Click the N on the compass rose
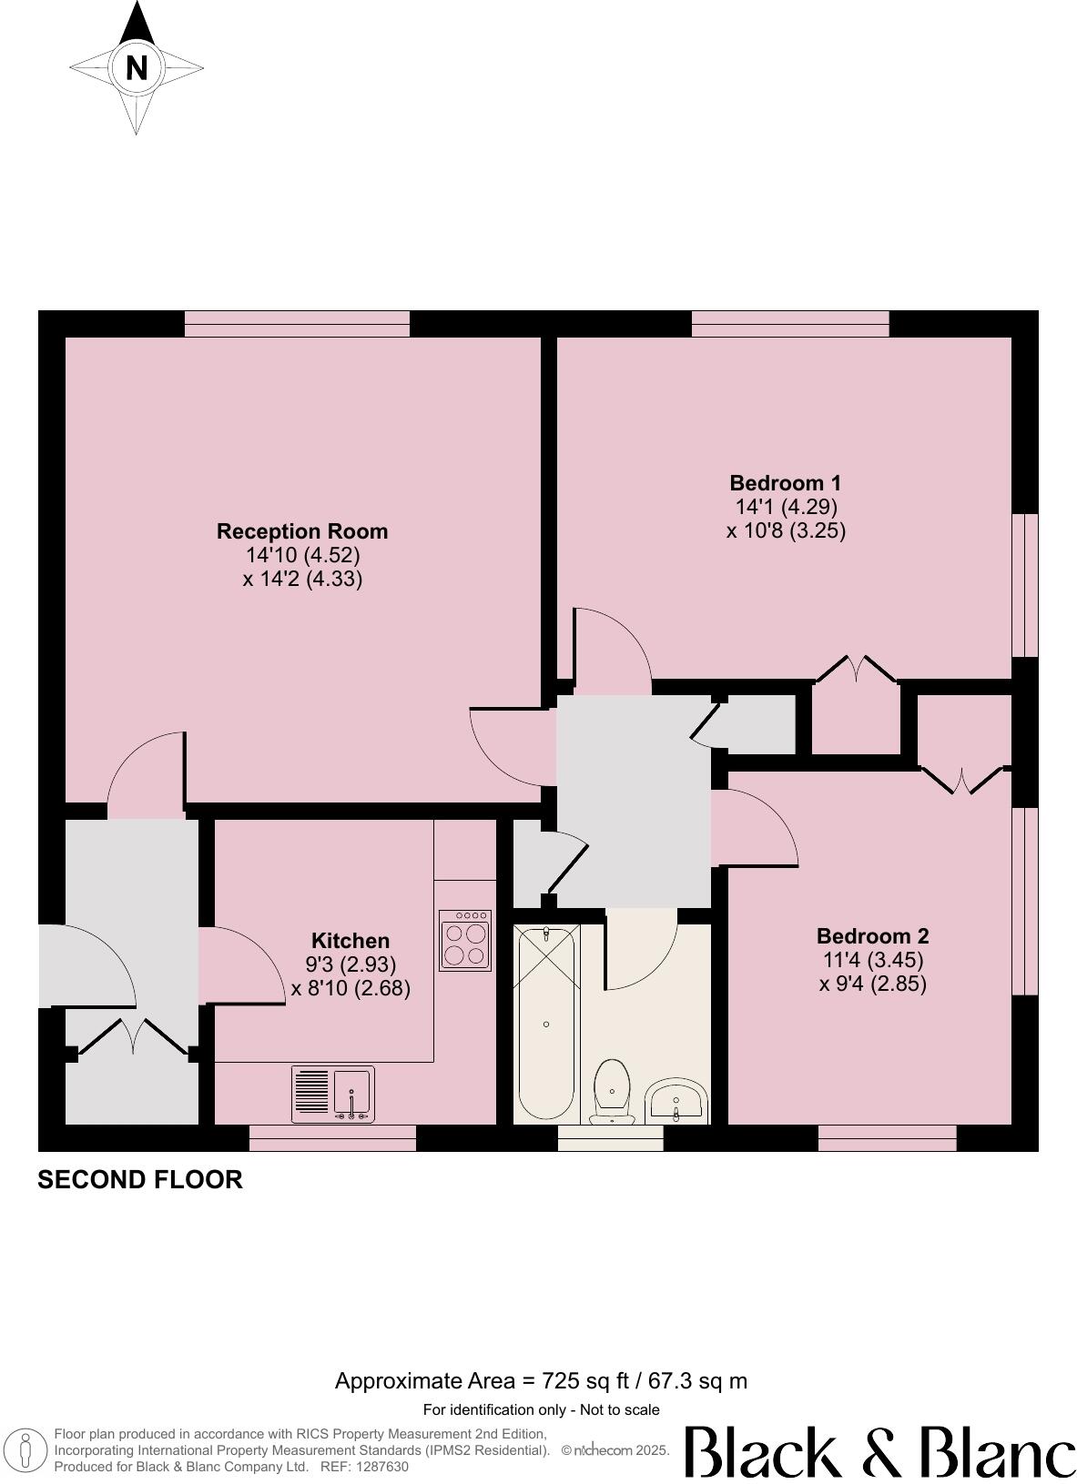click(137, 68)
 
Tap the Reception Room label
click(302, 531)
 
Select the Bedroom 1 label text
click(785, 483)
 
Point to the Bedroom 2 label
click(872, 936)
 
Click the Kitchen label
click(351, 941)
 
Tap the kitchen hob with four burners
click(465, 940)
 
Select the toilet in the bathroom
click(613, 1089)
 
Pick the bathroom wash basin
click(676, 1100)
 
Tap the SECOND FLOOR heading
click(140, 1180)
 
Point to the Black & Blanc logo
click(879, 1452)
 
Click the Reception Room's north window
click(297, 324)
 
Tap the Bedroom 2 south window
click(887, 1138)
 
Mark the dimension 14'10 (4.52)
click(302, 555)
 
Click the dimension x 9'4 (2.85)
click(872, 984)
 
